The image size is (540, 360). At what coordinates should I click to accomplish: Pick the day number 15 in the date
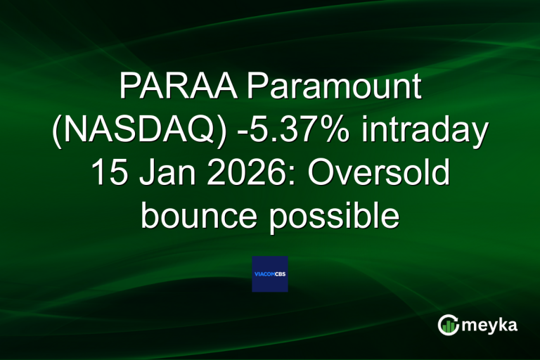tap(108, 174)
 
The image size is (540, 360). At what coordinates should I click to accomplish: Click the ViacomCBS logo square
tap(270, 274)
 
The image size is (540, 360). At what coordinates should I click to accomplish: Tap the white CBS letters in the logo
tap(280, 274)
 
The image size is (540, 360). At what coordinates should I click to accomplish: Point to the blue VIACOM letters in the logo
tap(264, 274)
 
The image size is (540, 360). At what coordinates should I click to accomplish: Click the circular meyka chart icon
tap(449, 324)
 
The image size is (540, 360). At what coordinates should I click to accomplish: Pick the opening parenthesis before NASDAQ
tap(58, 132)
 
